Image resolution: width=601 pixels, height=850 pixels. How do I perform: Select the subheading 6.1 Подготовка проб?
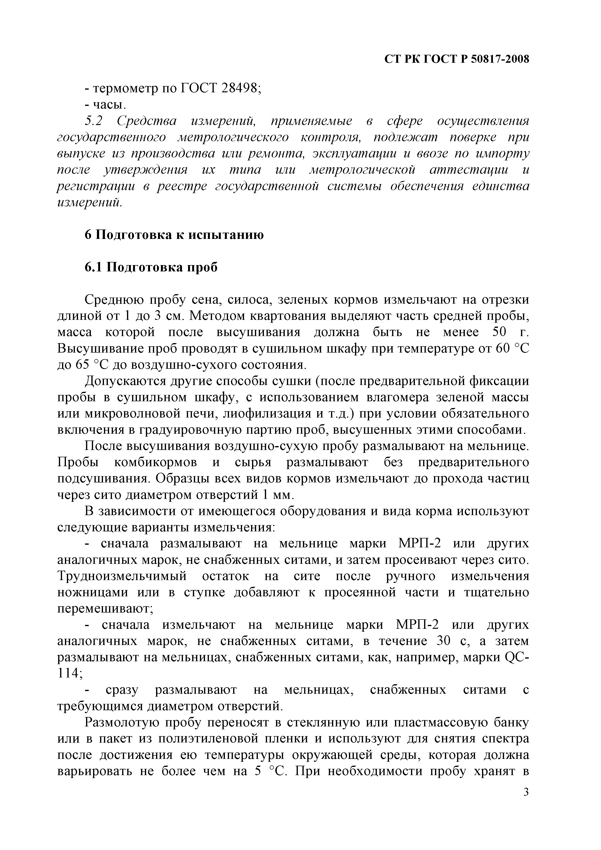(151, 267)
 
